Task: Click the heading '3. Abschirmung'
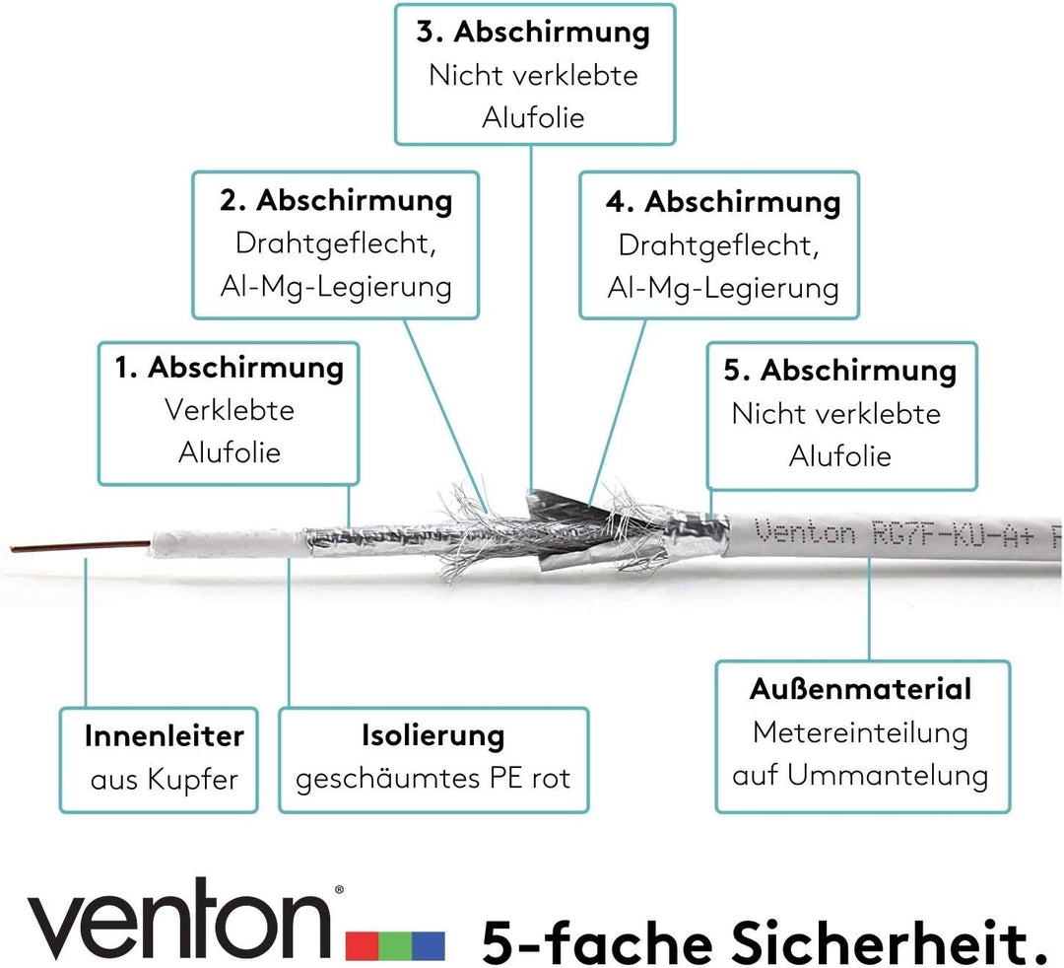[533, 32]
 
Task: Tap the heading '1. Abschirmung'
[229, 368]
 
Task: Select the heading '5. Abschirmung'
[840, 371]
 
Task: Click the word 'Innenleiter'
[165, 736]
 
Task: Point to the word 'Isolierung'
[432, 735]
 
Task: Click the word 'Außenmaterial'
[860, 689]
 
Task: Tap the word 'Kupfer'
[193, 780]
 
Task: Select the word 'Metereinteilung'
[860, 733]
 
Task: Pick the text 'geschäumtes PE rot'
[432, 779]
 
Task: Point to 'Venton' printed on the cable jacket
[804, 531]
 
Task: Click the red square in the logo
[363, 945]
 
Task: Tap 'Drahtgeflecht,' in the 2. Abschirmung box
[335, 243]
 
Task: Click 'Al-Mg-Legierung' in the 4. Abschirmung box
[723, 288]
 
